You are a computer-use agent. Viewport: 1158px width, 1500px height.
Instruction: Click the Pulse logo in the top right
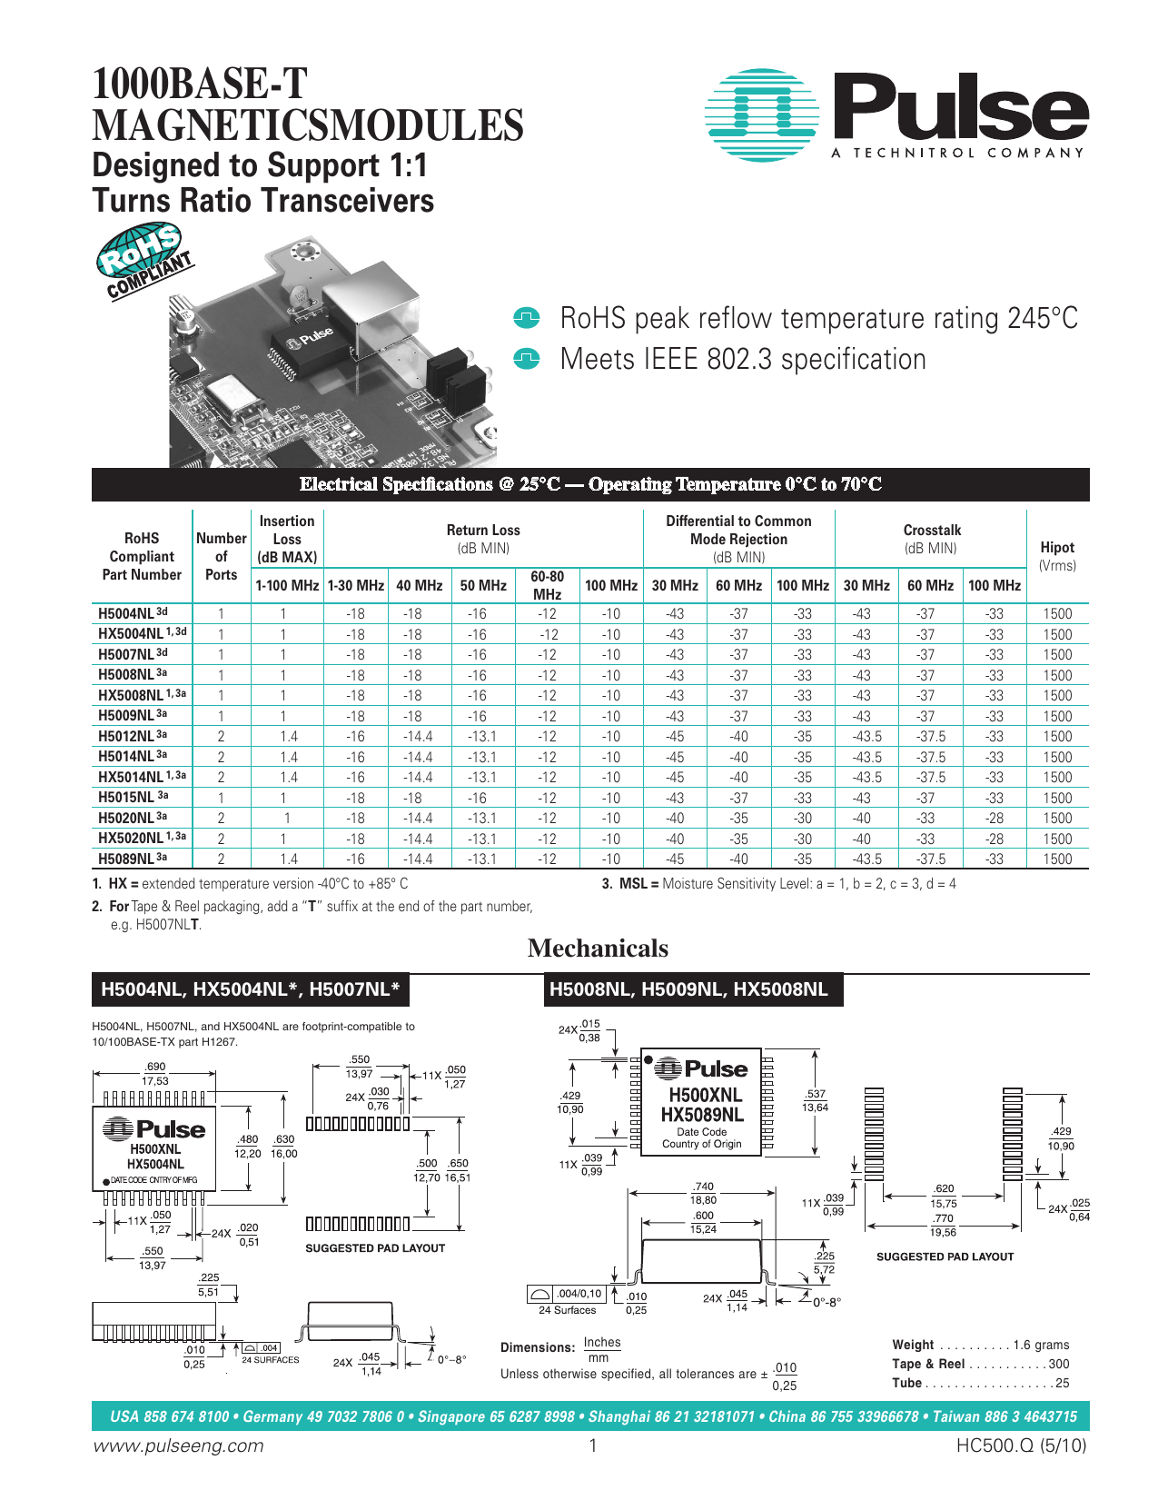pyautogui.click(x=896, y=115)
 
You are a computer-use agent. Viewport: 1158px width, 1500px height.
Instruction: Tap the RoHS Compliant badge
pyautogui.click(x=144, y=262)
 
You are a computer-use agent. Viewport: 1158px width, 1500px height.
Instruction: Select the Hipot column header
pyautogui.click(x=1056, y=555)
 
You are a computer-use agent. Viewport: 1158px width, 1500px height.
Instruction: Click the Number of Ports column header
pyautogui.click(x=221, y=556)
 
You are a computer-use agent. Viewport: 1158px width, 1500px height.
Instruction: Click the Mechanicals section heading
pyautogui.click(x=598, y=949)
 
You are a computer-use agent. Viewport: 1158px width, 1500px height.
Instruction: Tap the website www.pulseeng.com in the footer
pyautogui.click(x=179, y=1445)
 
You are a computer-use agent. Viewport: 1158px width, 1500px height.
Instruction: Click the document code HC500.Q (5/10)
pyautogui.click(x=1021, y=1445)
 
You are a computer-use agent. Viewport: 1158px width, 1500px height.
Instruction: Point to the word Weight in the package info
pyautogui.click(x=913, y=1345)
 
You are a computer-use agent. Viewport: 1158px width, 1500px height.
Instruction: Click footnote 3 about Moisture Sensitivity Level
pyautogui.click(x=778, y=884)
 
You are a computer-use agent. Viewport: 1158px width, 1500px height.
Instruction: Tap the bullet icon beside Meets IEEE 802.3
pyautogui.click(x=527, y=359)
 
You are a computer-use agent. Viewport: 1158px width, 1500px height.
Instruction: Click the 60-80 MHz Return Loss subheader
pyautogui.click(x=547, y=585)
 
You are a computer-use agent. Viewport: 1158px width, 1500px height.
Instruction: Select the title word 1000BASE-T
pyautogui.click(x=200, y=84)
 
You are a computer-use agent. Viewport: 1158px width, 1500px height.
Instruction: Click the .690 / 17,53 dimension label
pyautogui.click(x=155, y=1074)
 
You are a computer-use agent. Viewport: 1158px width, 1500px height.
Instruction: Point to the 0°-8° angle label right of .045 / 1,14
pyautogui.click(x=826, y=1302)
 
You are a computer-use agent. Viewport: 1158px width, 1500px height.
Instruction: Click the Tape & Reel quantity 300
pyautogui.click(x=1058, y=1364)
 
